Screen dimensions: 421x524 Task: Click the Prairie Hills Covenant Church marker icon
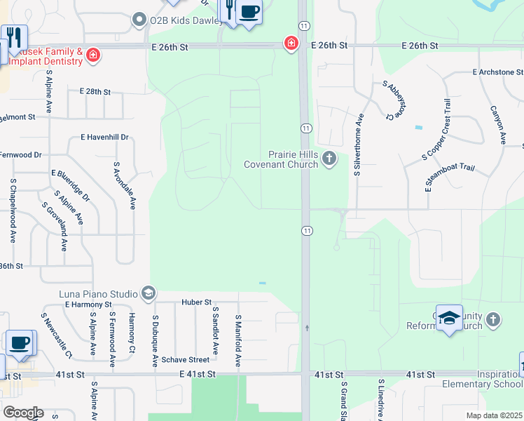coord(329,160)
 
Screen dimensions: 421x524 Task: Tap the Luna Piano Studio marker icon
coord(148,292)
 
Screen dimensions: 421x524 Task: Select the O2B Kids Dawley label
coord(178,20)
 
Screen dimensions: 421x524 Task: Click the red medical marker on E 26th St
coord(290,44)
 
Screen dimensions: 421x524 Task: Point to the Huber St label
coord(197,302)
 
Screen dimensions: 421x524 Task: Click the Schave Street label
coord(186,360)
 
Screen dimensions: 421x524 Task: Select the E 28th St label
coord(95,92)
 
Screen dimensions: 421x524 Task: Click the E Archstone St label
coord(497,72)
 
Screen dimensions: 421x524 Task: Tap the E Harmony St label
coord(88,305)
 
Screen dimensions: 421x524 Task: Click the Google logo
coord(23,413)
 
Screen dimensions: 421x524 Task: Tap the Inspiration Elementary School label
coord(482,378)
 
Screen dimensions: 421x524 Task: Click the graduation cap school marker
coord(449,319)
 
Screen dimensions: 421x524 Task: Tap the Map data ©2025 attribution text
coord(494,415)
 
